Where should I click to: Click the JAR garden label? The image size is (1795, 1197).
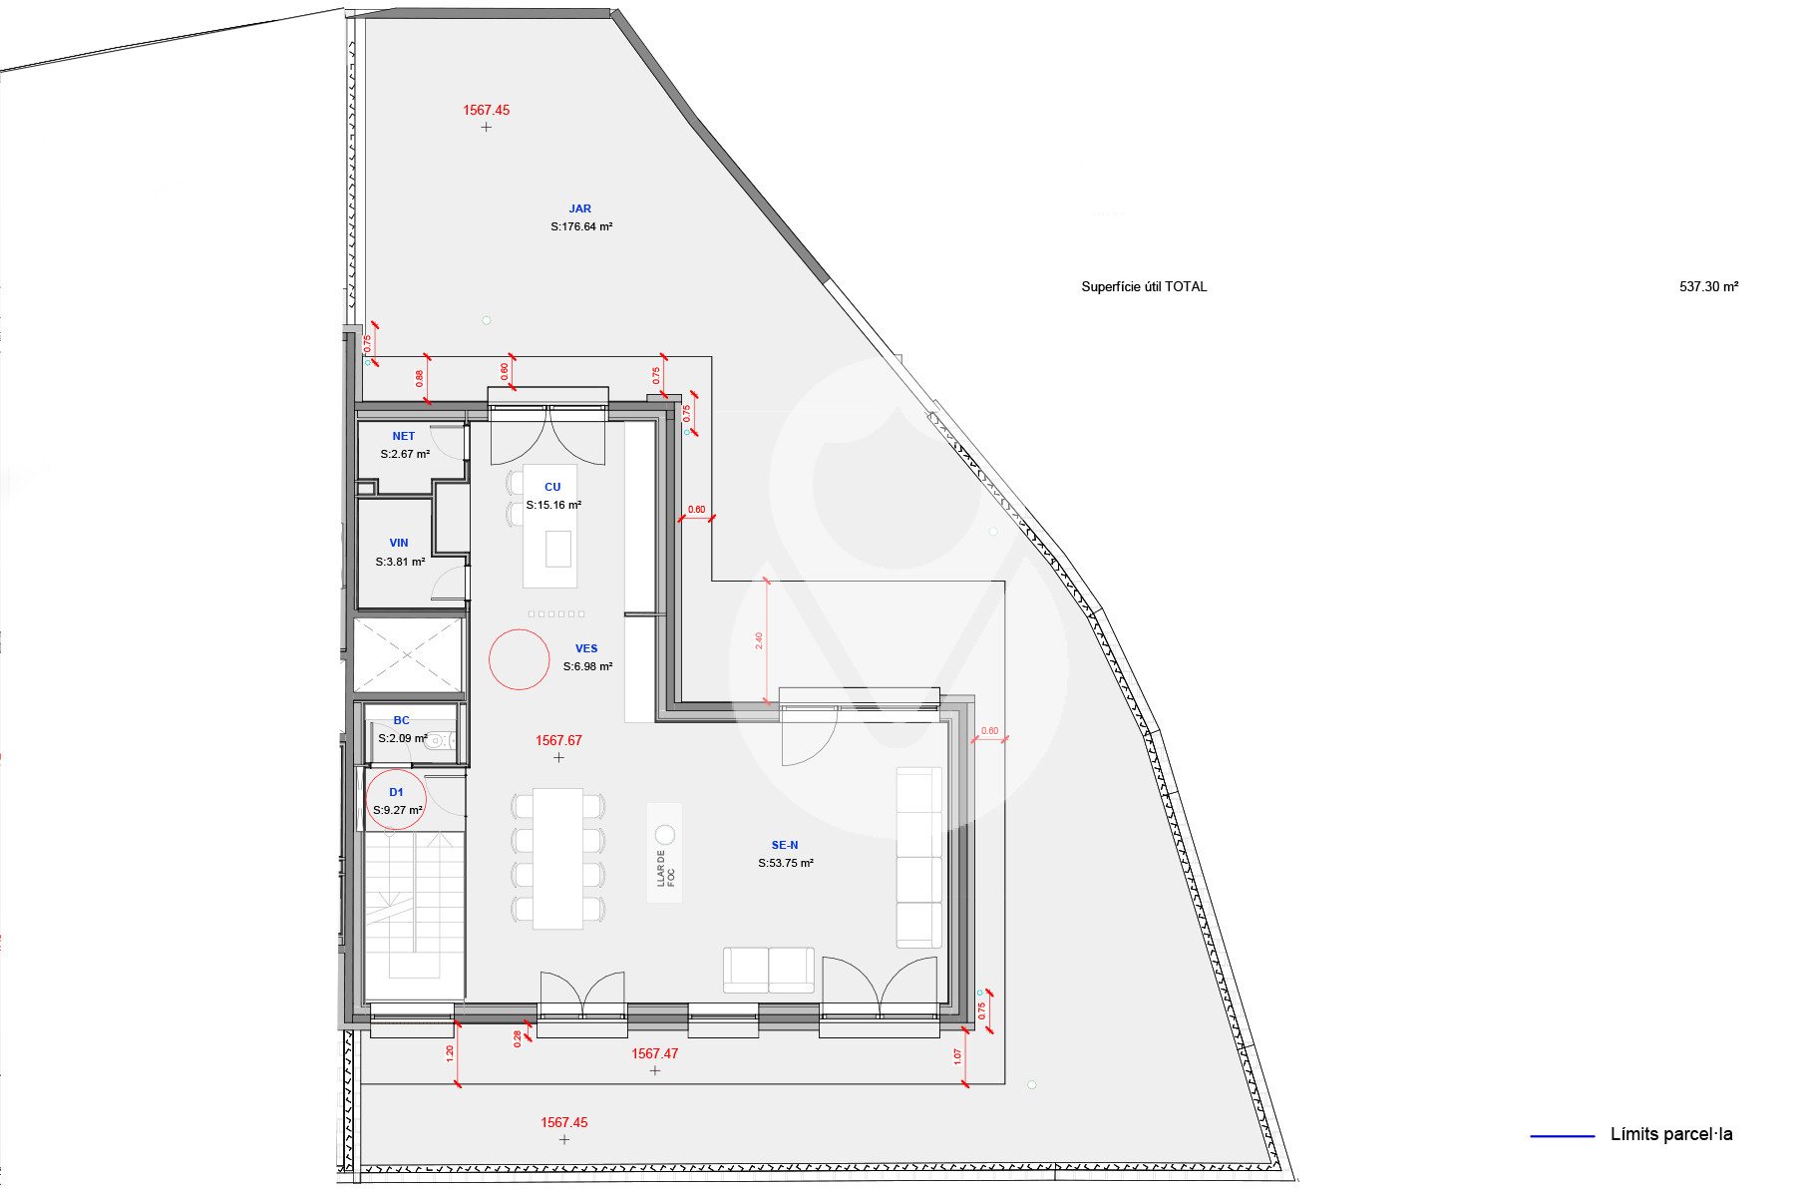tap(579, 208)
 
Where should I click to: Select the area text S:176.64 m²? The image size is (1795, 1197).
tap(581, 226)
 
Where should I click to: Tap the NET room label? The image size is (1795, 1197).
tap(403, 436)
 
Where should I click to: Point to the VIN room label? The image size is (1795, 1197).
tap(399, 543)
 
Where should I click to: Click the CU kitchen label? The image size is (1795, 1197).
tap(552, 487)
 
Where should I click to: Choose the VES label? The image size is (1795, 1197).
tap(586, 648)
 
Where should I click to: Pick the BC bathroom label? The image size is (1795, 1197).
tap(401, 720)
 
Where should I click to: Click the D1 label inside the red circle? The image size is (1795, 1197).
tap(396, 792)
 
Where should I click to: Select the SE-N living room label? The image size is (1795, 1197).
tap(785, 845)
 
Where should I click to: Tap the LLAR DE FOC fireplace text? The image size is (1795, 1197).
tap(665, 868)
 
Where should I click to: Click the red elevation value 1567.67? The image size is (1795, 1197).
tap(558, 740)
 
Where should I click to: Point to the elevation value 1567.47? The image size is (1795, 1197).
tap(654, 1053)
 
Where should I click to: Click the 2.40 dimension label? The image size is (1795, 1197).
tap(759, 640)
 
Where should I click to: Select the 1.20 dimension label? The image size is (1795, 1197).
tap(450, 1052)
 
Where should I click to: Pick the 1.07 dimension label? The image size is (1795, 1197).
tap(958, 1055)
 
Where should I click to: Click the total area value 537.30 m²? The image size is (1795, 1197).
tap(1709, 286)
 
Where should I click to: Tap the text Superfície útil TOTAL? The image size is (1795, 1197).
tap(1144, 286)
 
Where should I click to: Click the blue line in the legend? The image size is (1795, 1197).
tap(1563, 1135)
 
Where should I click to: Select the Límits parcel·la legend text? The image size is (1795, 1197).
tap(1671, 1134)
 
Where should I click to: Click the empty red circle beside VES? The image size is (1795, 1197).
tap(490, 659)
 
